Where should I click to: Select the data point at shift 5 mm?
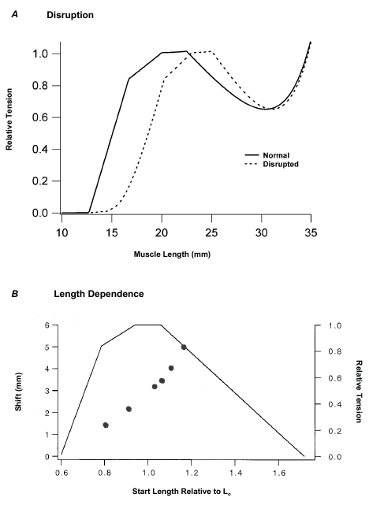184,347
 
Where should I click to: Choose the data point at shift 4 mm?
171,368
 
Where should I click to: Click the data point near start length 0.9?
129,409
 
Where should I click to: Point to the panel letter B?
14,295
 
